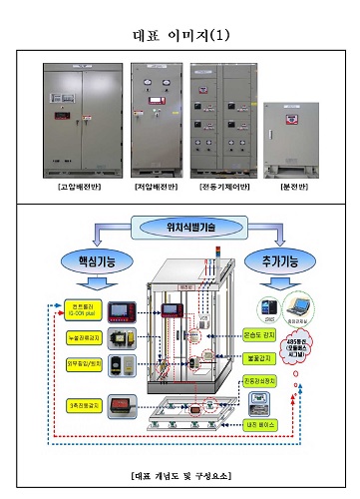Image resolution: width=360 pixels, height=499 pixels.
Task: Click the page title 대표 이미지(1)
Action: [180, 35]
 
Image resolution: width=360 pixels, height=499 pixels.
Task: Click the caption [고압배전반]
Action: [75, 187]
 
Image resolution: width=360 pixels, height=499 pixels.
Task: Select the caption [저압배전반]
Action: [155, 187]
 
